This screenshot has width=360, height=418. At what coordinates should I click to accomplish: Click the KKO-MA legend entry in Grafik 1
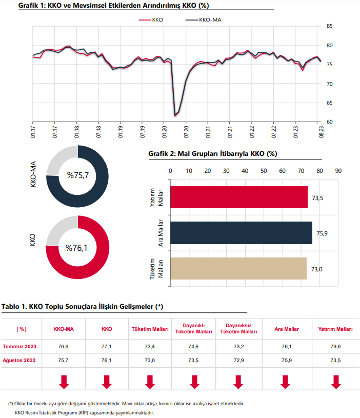pyautogui.click(x=203, y=19)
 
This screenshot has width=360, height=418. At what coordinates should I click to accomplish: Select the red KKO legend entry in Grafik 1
pyautogui.click(x=151, y=19)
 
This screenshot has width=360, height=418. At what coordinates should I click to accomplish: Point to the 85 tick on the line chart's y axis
pyautogui.click(x=329, y=26)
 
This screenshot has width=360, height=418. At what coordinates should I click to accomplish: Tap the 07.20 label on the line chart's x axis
pyautogui.click(x=186, y=132)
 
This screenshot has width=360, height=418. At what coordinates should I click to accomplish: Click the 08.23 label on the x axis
pyautogui.click(x=322, y=132)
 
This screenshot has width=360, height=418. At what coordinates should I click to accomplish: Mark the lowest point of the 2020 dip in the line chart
pyautogui.click(x=175, y=115)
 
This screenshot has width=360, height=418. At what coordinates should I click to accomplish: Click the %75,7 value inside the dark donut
pyautogui.click(x=78, y=175)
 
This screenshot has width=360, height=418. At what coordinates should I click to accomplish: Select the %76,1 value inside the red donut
pyautogui.click(x=76, y=248)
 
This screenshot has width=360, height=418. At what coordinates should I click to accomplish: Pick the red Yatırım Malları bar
pyautogui.click(x=239, y=197)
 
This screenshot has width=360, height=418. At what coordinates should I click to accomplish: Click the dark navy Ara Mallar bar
pyautogui.click(x=241, y=233)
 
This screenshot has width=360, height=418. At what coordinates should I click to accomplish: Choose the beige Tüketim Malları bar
pyautogui.click(x=238, y=268)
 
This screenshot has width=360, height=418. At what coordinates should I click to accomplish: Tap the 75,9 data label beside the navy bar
pyautogui.click(x=322, y=233)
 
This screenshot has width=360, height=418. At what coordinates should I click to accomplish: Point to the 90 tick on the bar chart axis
pyautogui.click(x=338, y=171)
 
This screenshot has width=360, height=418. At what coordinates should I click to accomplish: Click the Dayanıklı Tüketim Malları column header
pyautogui.click(x=194, y=328)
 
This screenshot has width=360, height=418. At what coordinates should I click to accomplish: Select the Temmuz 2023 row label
pyautogui.click(x=19, y=346)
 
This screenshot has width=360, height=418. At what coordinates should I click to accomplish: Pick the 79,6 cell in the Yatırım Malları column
pyautogui.click(x=335, y=346)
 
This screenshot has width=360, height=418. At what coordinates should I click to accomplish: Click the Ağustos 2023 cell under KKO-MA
pyautogui.click(x=63, y=360)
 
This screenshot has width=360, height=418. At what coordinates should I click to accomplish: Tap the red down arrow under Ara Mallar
pyautogui.click(x=286, y=382)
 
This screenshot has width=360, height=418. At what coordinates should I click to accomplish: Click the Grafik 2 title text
pyautogui.click(x=213, y=153)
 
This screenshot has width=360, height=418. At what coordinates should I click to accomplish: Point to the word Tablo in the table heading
pyautogui.click(x=11, y=306)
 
